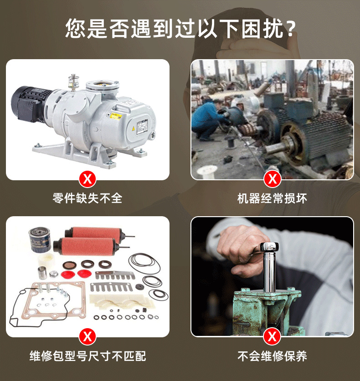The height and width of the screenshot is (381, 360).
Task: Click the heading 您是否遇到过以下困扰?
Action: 180,28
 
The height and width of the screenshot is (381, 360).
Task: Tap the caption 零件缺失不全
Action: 87,198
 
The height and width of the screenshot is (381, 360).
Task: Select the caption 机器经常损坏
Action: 272,198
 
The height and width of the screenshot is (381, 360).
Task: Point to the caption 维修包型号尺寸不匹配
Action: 87,356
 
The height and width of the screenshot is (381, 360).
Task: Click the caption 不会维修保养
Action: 272,356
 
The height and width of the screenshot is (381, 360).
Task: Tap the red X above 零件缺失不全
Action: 87,179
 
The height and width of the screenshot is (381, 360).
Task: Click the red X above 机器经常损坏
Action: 272,179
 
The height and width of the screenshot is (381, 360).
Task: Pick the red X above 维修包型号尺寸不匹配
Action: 87,337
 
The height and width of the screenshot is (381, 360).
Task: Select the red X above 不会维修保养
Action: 272,337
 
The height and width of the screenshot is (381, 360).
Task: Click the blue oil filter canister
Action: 39,240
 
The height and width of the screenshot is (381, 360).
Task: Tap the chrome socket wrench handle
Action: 269,267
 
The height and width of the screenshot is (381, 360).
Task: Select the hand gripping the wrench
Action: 243,250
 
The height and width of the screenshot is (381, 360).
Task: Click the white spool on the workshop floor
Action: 207,171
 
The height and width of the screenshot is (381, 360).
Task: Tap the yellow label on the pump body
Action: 116,116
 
